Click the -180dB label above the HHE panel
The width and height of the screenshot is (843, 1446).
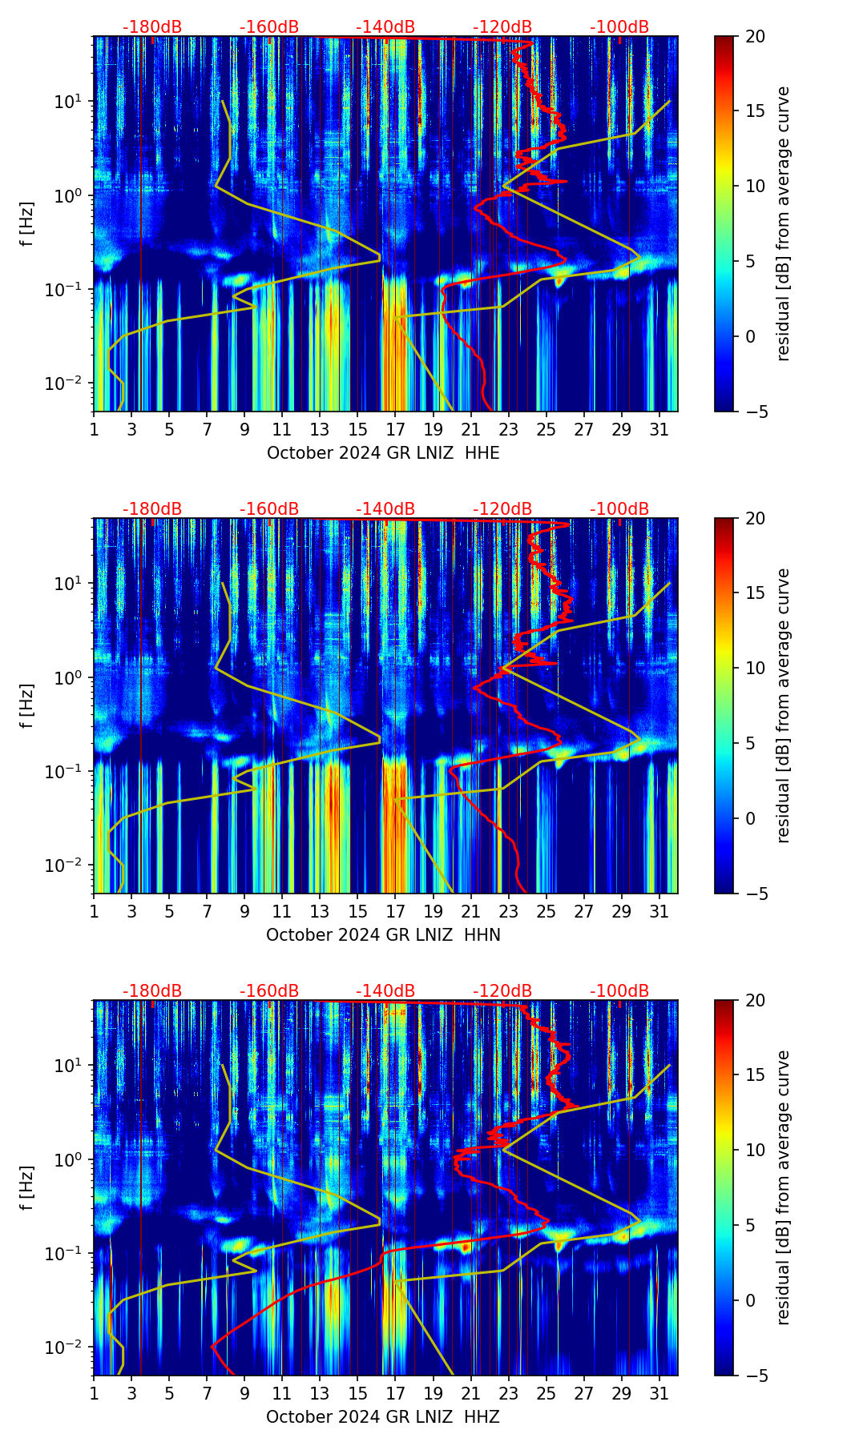pos(152,27)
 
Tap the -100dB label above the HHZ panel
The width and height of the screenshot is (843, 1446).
pos(619,991)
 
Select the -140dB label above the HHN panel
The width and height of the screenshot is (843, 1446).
pos(385,509)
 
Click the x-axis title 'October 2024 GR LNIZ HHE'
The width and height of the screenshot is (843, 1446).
pos(383,453)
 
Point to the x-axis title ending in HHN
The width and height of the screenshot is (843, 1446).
pos(383,935)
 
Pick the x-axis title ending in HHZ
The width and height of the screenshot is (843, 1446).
pos(383,1417)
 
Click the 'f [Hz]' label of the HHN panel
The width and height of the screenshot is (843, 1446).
pos(27,705)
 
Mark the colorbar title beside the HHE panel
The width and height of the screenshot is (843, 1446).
pos(783,224)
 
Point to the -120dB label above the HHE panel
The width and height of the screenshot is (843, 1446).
pos(502,27)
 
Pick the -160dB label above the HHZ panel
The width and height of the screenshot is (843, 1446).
pos(269,991)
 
